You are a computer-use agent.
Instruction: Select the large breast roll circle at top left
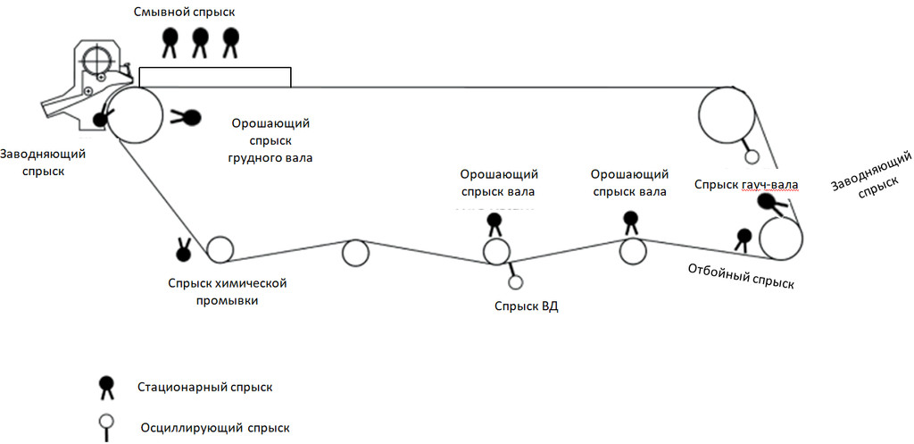135,115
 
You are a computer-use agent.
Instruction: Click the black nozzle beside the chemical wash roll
184,250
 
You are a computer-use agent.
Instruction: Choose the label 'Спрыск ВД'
527,306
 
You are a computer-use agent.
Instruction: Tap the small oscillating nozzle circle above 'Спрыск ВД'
515,282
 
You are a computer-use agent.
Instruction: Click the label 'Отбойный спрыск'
741,277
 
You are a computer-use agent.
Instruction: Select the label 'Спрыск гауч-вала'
746,184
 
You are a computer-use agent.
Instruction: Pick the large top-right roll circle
727,114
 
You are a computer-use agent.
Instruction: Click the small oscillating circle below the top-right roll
752,156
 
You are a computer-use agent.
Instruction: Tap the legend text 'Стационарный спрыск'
205,387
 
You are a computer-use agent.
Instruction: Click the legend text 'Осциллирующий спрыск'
215,428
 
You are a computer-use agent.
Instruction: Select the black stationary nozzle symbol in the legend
107,388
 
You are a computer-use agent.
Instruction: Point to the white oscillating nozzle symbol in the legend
106,427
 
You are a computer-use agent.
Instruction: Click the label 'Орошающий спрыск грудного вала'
270,140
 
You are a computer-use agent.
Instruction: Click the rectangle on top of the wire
215,77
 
